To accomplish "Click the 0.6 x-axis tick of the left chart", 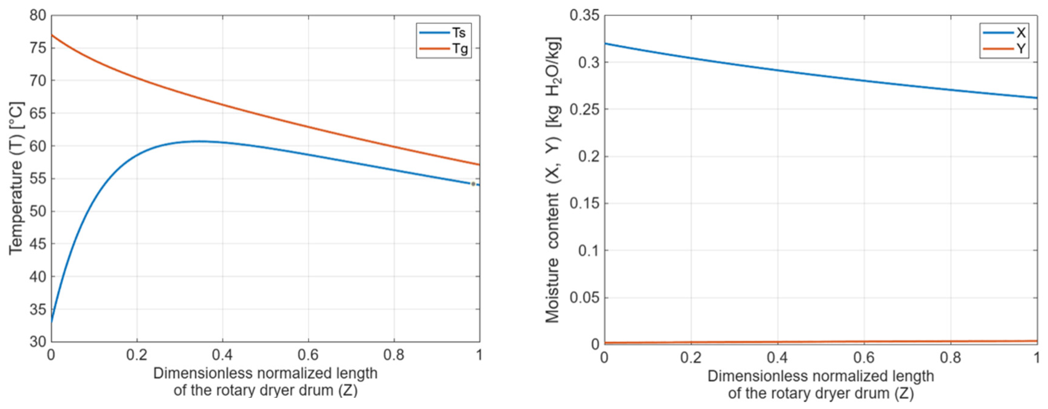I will coord(308,355).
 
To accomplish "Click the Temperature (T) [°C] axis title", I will coord(16,178).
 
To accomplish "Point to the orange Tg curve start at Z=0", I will coord(52,35).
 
